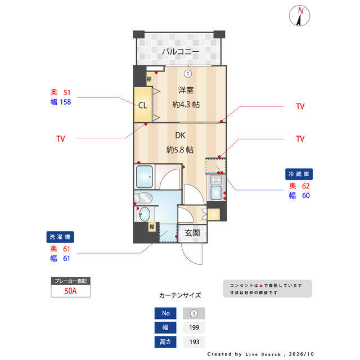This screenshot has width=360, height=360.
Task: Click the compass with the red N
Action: click(299, 16)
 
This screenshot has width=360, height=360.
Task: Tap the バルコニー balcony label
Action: click(181, 51)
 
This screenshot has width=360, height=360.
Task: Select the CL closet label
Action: click(142, 105)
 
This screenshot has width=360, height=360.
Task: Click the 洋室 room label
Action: click(186, 90)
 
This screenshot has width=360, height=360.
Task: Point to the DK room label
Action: click(180, 136)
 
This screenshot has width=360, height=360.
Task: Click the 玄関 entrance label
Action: click(192, 233)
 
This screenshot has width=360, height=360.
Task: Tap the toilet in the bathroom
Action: click(143, 198)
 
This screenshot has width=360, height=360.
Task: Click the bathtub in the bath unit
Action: click(145, 177)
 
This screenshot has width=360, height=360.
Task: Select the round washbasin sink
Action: click(145, 214)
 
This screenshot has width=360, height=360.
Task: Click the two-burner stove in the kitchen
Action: click(216, 180)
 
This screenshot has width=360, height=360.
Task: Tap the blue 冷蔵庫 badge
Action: click(299, 174)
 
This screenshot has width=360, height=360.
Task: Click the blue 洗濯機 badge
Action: click(60, 237)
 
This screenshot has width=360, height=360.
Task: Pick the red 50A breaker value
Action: click(70, 291)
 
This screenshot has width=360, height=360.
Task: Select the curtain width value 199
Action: click(194, 327)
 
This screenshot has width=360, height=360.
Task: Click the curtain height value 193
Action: click(194, 342)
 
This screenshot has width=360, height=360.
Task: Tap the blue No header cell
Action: click(165, 313)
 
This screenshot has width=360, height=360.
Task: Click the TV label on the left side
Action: click(61, 139)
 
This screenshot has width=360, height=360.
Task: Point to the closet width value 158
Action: click(65, 102)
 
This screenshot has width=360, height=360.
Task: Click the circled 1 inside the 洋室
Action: click(188, 74)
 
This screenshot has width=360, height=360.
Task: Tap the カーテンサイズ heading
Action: click(180, 295)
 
